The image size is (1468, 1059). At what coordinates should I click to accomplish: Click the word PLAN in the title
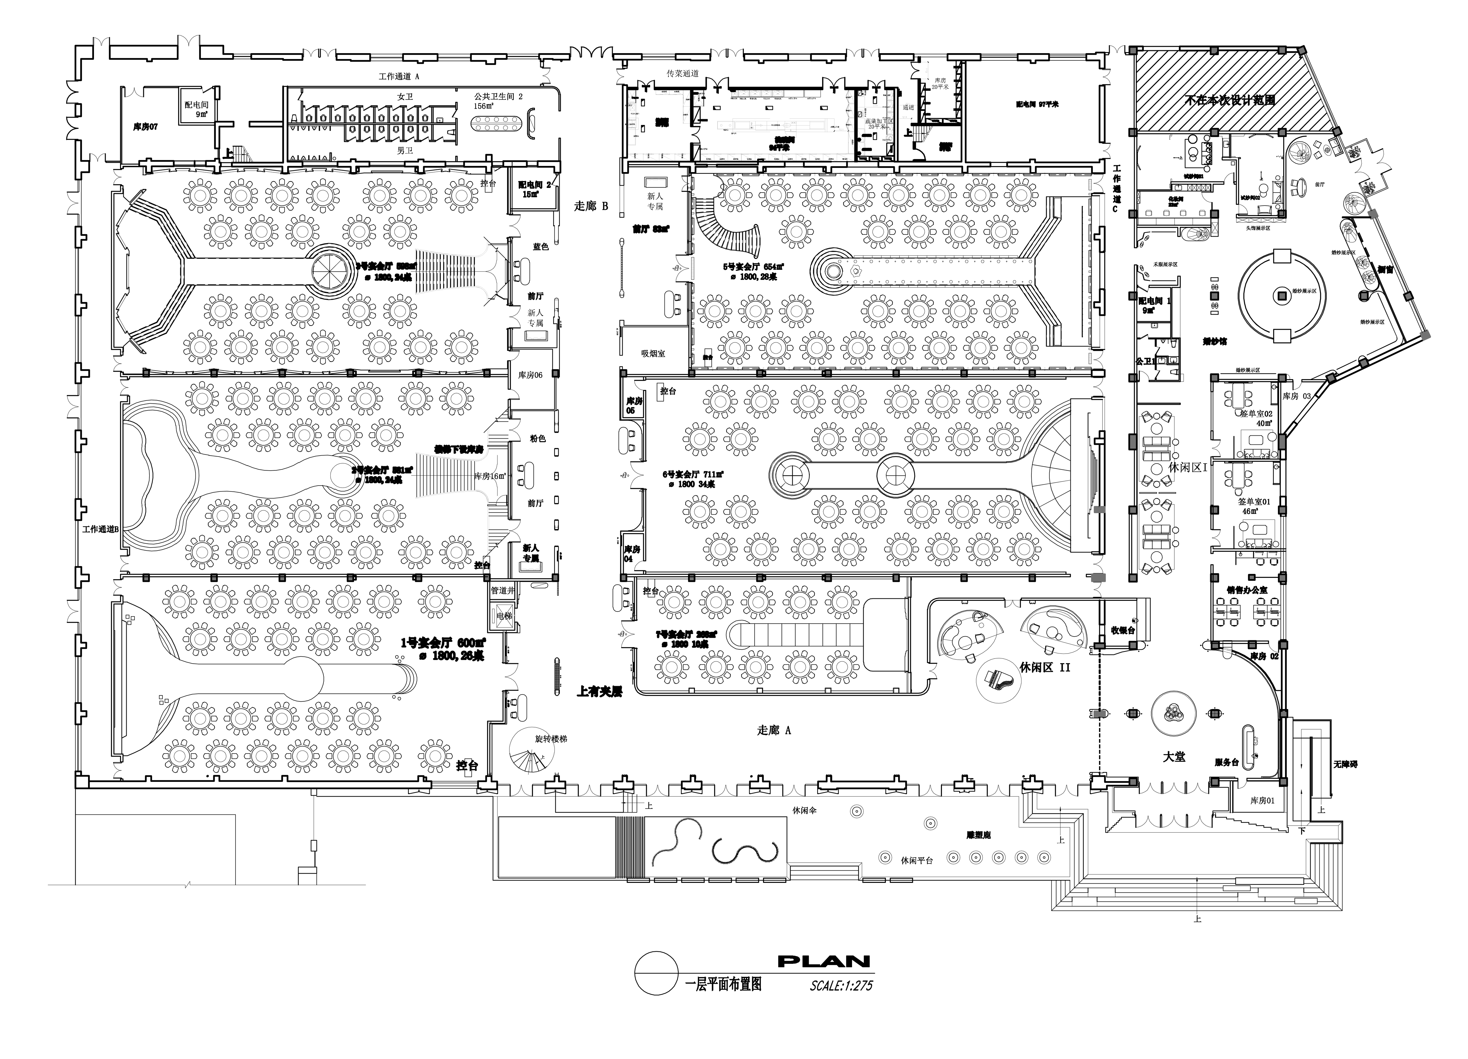tap(823, 962)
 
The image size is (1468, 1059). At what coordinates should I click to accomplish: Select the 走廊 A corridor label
tap(773, 730)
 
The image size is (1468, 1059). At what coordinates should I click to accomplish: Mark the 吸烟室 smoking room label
tap(653, 353)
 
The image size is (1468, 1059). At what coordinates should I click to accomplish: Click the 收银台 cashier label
tap(1123, 630)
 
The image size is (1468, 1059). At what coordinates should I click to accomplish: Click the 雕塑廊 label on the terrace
tap(978, 835)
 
